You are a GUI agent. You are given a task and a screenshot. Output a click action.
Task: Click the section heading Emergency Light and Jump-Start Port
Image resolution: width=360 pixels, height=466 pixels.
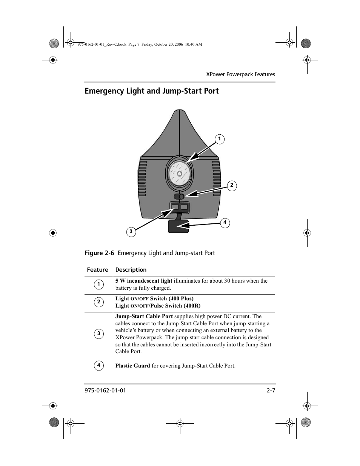[151, 91]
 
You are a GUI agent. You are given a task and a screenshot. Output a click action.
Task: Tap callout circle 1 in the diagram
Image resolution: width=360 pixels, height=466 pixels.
[219, 139]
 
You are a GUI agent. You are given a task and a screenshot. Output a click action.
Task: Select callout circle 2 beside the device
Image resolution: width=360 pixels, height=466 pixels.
[232, 186]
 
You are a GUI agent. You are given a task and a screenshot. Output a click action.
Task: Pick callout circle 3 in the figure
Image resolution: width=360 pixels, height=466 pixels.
[131, 232]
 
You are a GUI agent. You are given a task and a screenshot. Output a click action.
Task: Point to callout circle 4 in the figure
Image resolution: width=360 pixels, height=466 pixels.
[225, 223]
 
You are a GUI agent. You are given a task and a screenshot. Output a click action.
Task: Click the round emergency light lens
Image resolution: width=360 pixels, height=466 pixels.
[180, 174]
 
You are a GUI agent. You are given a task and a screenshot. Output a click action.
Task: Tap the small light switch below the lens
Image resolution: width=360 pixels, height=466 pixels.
[179, 197]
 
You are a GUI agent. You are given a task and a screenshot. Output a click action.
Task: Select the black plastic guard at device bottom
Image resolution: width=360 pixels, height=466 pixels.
[178, 226]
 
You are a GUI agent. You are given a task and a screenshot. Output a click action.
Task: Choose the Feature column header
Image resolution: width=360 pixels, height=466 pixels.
[97, 270]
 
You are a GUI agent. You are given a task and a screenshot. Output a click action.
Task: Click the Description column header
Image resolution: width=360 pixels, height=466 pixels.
[131, 270]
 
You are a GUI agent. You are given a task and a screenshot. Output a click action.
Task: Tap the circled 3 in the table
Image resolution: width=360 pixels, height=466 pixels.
[98, 334]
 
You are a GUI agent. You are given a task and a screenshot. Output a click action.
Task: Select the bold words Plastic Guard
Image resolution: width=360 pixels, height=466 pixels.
[132, 366]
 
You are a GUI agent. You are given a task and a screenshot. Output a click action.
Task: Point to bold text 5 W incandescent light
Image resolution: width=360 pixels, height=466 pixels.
[143, 281]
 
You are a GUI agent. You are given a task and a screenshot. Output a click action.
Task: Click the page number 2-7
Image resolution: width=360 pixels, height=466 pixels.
[271, 391]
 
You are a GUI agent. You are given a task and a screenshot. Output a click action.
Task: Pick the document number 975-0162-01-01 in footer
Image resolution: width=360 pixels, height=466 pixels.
[105, 391]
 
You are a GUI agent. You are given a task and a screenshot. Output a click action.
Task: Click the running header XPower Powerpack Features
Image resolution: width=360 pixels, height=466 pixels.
[240, 74]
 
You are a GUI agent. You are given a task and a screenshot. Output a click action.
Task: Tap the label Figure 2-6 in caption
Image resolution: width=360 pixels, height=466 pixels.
[99, 253]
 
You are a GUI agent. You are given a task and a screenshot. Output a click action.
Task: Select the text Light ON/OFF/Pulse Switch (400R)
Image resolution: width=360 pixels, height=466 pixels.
[158, 306]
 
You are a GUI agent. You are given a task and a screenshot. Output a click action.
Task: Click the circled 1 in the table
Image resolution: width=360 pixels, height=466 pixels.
[98, 285]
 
